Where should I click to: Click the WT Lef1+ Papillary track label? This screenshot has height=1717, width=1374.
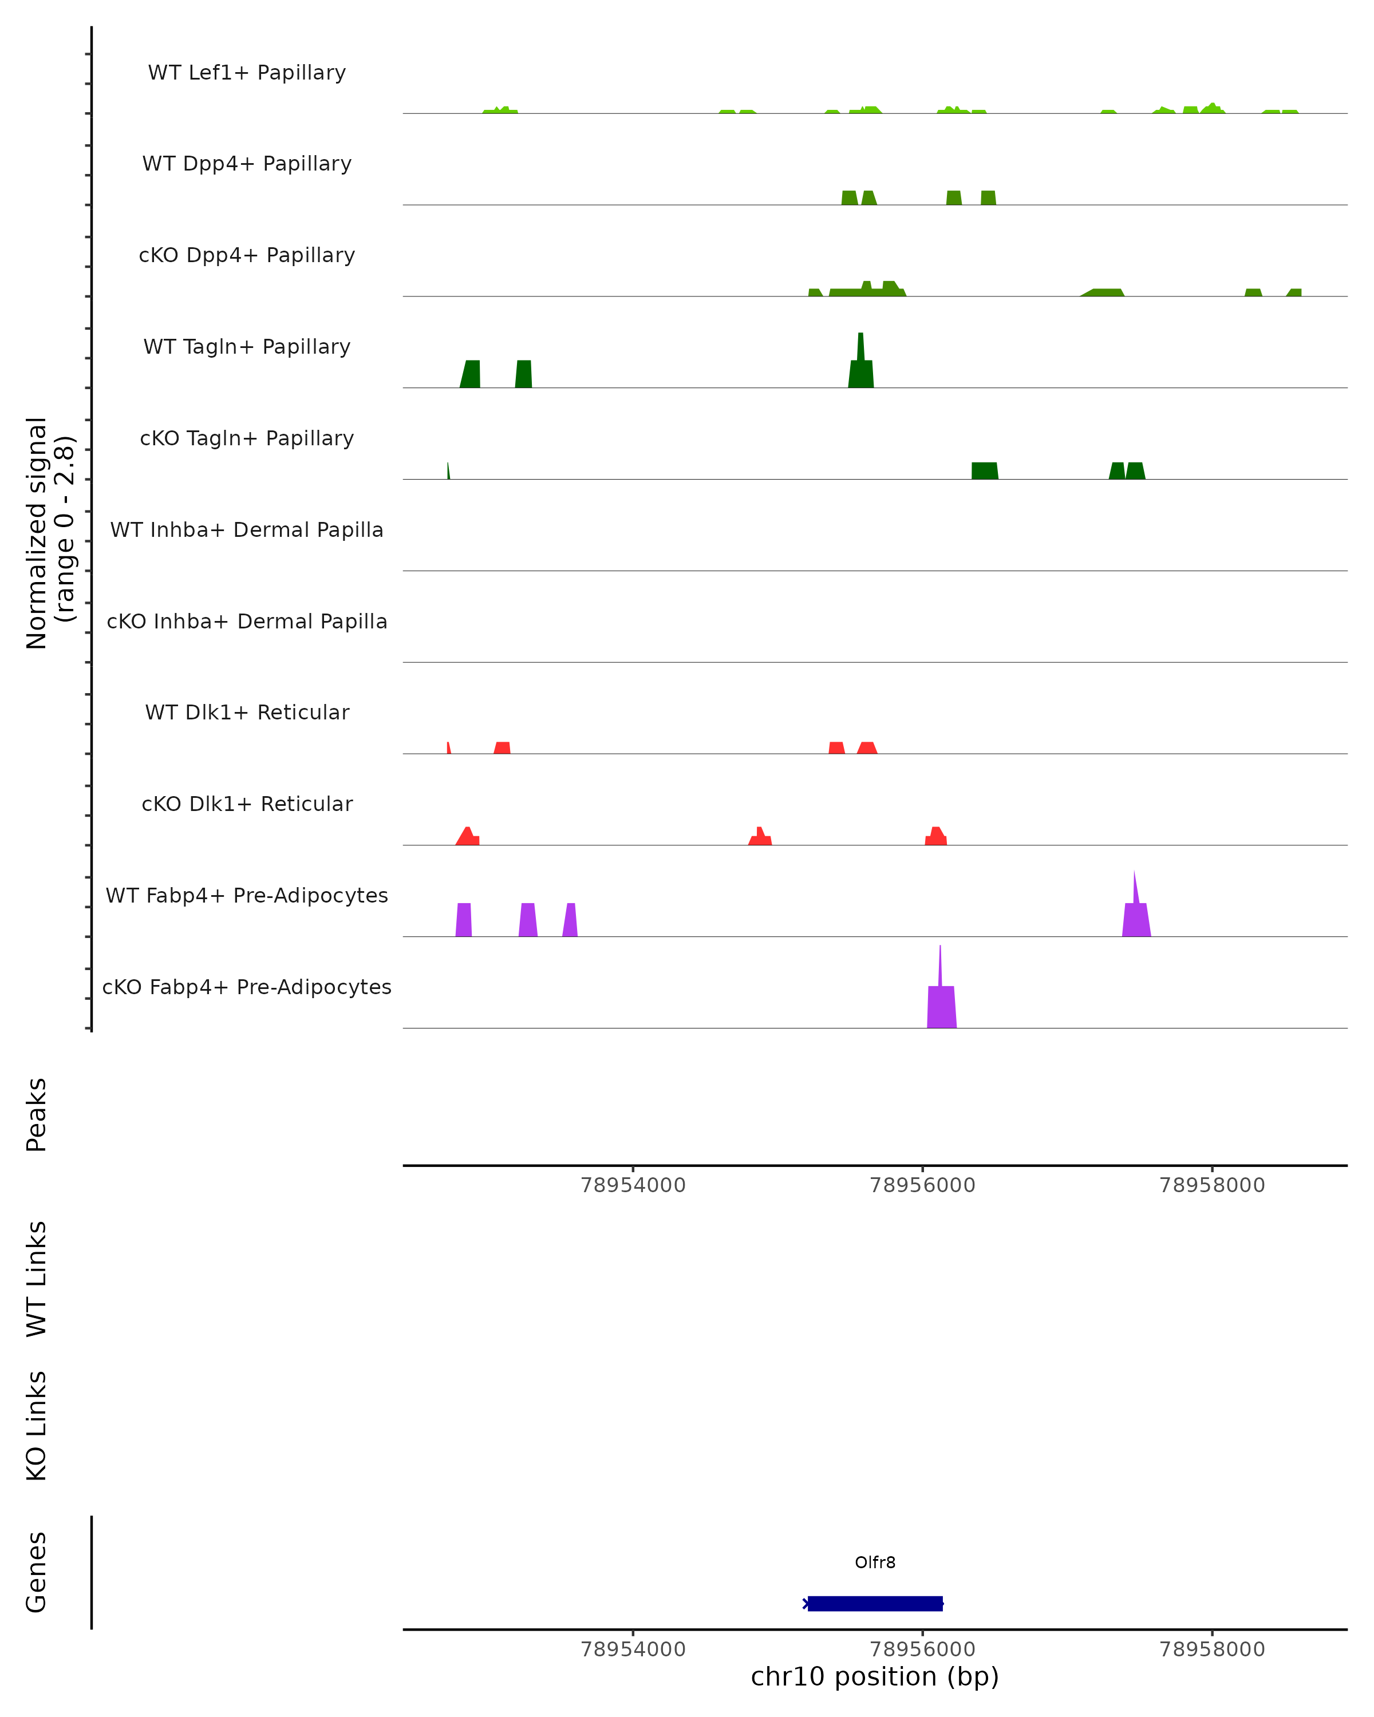(247, 73)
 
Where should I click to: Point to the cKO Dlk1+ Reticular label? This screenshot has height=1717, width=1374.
(247, 804)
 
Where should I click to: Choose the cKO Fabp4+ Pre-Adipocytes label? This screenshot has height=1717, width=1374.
(247, 987)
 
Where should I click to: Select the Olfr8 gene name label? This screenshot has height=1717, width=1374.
(875, 1562)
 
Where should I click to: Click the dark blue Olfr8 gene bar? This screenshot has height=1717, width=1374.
(875, 1603)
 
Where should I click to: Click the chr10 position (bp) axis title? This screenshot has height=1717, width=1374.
(875, 1676)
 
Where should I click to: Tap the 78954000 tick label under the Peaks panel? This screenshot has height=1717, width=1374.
(633, 1185)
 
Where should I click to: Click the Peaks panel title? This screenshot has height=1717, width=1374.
(37, 1114)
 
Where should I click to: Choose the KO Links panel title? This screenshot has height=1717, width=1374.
(37, 1426)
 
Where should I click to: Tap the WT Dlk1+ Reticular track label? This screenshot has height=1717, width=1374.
(247, 712)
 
